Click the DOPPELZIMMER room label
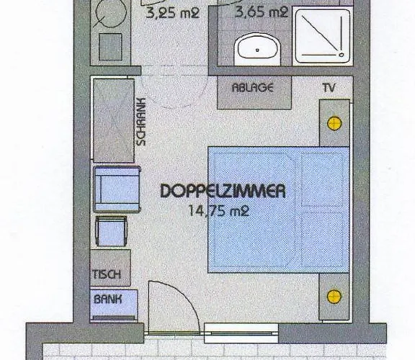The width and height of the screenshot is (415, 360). (x=223, y=192)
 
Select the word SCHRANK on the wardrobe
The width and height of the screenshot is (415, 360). (x=140, y=122)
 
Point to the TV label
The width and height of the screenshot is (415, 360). (x=329, y=88)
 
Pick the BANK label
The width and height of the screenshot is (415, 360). (x=106, y=298)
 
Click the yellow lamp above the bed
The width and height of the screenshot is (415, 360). (x=334, y=124)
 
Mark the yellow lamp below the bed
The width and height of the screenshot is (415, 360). (x=334, y=296)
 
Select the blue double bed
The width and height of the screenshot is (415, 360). (x=278, y=209)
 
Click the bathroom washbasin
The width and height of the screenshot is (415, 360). (x=258, y=49)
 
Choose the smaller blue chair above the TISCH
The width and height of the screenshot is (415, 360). (x=111, y=232)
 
